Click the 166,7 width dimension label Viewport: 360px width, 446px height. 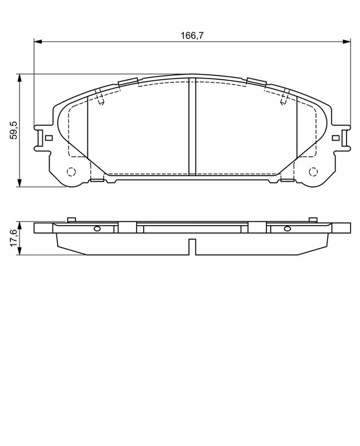pyautogui.click(x=192, y=36)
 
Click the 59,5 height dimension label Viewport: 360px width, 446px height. pyautogui.click(x=13, y=130)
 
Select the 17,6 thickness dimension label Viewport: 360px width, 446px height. pyautogui.click(x=13, y=239)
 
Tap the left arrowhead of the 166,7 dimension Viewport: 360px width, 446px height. pyautogui.click(x=38, y=41)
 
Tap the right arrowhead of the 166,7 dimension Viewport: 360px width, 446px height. pyautogui.click(x=347, y=41)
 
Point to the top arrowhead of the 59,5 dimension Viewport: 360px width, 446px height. pyautogui.click(x=20, y=78)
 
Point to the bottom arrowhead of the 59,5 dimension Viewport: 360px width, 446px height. pyautogui.click(x=20, y=183)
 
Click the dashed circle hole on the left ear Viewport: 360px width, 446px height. pyautogui.click(x=71, y=172)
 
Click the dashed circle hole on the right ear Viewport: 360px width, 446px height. pyautogui.click(x=313, y=172)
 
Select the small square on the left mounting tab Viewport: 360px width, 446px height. pyautogui.click(x=49, y=138)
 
